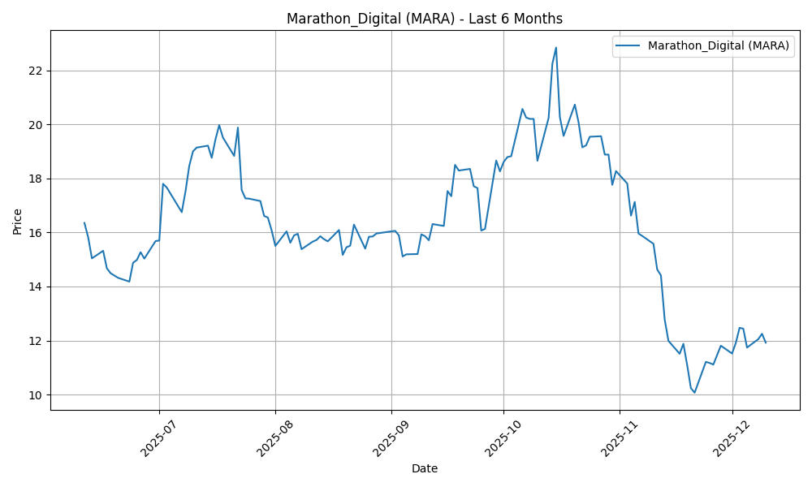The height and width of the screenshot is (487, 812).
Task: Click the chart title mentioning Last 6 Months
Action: point(425,19)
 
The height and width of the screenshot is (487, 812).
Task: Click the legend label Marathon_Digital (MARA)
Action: point(718,46)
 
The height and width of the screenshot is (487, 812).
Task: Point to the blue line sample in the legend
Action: point(629,46)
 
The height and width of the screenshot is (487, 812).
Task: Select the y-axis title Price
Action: point(18,220)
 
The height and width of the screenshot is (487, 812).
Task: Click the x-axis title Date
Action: point(425,468)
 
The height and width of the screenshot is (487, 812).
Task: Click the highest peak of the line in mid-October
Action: point(556,47)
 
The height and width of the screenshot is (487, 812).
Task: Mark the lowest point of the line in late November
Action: point(694,393)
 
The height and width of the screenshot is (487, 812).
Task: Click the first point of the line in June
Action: point(84,222)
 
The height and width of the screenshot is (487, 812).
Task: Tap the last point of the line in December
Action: point(766,343)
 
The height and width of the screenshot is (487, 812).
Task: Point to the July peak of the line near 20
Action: point(219,125)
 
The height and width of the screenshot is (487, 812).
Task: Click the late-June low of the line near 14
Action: point(129,282)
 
